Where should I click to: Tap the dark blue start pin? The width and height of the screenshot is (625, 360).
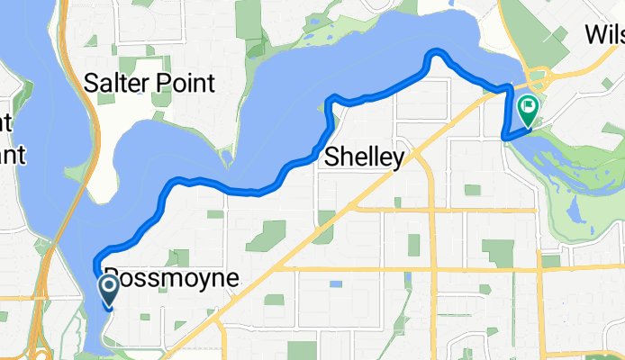[x=109, y=289]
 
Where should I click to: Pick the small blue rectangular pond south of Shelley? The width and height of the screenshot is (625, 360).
[x=336, y=284]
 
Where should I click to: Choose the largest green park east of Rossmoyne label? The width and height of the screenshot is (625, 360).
[x=266, y=236]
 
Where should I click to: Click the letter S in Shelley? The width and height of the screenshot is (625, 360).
[x=331, y=157]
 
